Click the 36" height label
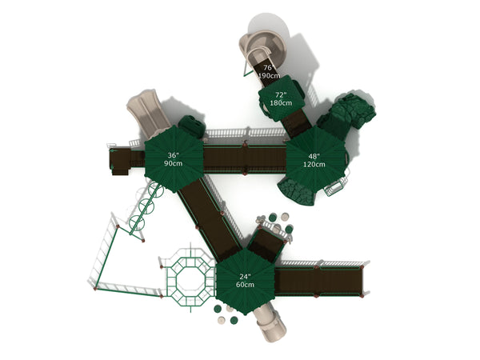172,155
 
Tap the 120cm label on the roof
314,164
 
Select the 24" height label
245,277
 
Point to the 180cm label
281,103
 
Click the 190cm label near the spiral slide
269,75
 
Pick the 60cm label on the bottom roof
245,285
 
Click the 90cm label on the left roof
173,163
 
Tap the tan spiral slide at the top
262,49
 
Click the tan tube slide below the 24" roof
270,324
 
